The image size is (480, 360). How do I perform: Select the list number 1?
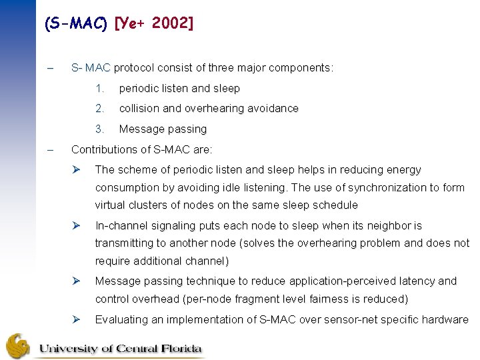[x=99, y=89]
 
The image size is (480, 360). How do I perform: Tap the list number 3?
[x=99, y=129]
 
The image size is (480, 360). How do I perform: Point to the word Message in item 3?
[x=139, y=129]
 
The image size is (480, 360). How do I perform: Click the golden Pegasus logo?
[x=18, y=345]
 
